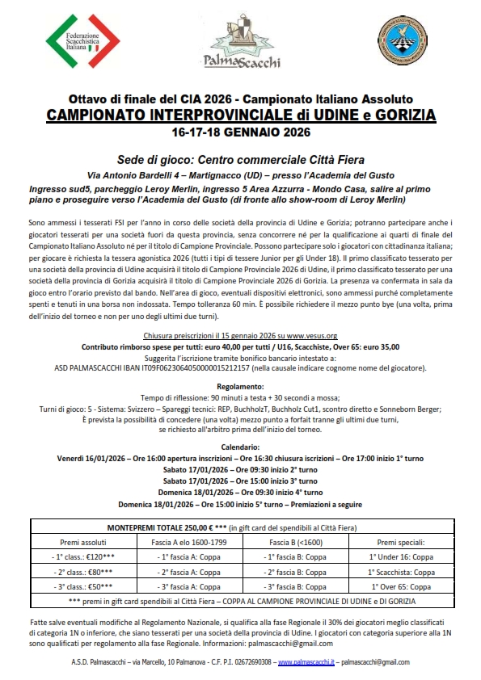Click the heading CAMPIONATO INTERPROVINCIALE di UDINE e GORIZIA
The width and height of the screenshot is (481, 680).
tap(240, 115)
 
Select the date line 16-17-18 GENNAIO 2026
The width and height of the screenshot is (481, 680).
tap(240, 131)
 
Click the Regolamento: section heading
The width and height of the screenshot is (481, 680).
tap(240, 388)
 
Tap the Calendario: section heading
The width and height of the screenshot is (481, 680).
tap(240, 447)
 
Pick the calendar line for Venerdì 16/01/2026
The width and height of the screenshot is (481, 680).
tap(240, 458)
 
